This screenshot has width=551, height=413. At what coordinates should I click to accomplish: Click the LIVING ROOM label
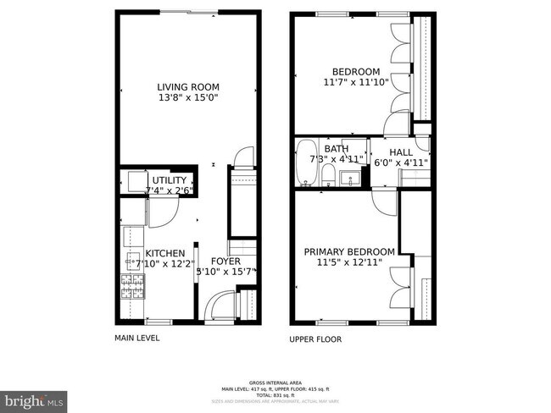tap(188, 86)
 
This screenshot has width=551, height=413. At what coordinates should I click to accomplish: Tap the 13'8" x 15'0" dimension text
tap(188, 97)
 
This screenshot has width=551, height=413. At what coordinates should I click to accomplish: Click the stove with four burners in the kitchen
tap(131, 287)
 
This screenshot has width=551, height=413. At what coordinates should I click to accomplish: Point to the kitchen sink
tap(132, 258)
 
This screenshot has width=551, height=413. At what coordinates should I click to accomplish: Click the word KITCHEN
tap(164, 253)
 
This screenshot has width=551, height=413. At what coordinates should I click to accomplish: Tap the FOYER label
tap(225, 261)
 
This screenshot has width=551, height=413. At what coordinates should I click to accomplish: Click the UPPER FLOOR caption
tap(316, 339)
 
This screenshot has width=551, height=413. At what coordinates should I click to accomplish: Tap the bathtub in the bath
tap(304, 162)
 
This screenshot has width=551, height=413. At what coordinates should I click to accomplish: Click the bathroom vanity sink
tap(347, 179)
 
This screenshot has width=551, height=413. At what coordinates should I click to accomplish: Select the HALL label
tap(401, 152)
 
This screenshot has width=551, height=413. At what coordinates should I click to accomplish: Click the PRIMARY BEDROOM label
tap(349, 251)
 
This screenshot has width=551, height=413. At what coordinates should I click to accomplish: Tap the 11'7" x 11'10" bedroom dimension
tap(355, 82)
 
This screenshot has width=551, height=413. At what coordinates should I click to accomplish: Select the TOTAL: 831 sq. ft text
tap(275, 396)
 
